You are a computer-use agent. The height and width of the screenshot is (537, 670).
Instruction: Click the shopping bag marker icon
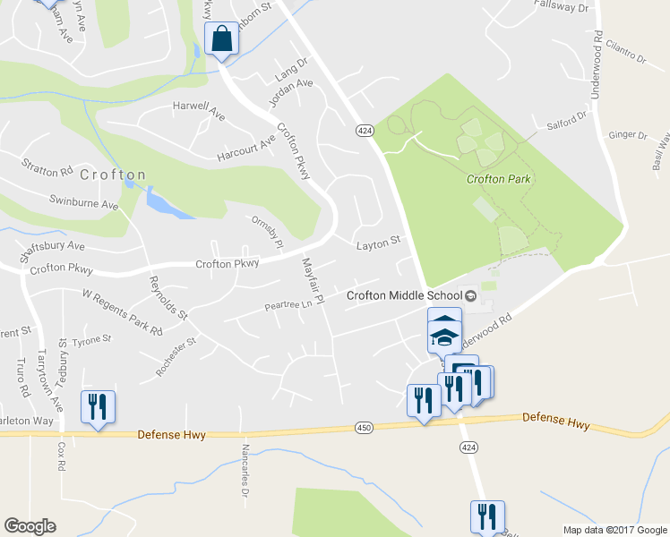click(x=221, y=38)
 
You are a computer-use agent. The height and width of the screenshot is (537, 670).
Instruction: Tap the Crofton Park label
click(x=499, y=179)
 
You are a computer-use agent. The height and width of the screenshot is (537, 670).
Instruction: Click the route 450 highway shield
click(x=363, y=429)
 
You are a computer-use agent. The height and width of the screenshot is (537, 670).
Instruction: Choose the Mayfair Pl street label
click(x=312, y=281)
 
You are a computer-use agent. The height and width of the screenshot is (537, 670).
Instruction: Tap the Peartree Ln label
click(x=288, y=305)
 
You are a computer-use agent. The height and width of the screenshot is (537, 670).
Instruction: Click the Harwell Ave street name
click(x=199, y=111)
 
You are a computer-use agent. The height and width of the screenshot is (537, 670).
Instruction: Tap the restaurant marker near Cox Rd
click(x=96, y=406)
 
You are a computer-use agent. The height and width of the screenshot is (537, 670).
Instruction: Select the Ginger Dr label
click(x=627, y=135)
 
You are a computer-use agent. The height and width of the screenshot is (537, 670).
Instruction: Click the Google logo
click(x=30, y=525)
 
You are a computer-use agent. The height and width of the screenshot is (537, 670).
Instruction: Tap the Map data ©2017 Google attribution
click(x=614, y=530)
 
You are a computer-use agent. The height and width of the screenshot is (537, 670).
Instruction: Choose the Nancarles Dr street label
click(x=244, y=469)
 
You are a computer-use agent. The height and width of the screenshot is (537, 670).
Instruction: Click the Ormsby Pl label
click(x=267, y=231)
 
